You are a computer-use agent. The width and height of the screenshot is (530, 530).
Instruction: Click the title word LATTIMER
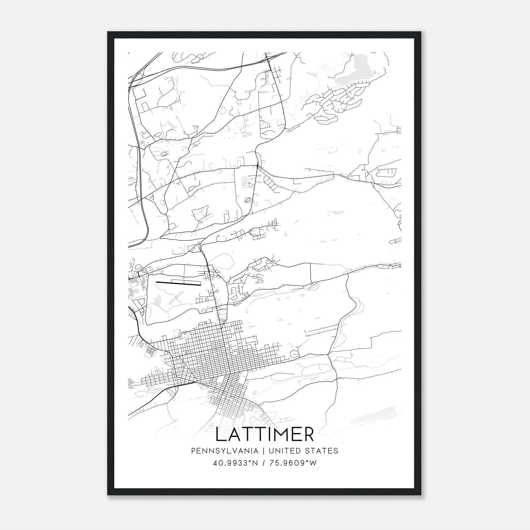(x=265, y=435)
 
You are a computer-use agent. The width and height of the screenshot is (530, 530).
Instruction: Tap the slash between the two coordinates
(x=264, y=463)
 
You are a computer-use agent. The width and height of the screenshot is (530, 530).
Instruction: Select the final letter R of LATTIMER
(x=308, y=435)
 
